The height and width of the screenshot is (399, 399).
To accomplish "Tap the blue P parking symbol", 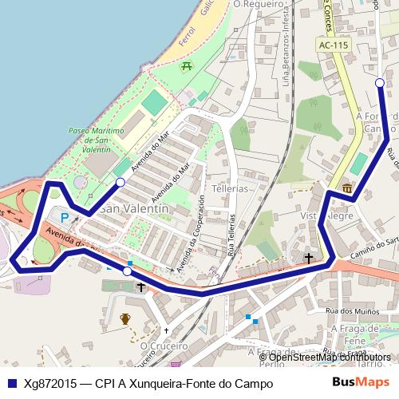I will (65, 216).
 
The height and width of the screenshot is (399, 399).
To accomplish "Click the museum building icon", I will (347, 188).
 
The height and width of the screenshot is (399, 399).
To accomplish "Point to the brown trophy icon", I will (124, 320).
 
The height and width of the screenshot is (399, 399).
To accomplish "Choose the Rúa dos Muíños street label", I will (345, 310).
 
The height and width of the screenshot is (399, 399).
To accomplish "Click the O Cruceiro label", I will (164, 347).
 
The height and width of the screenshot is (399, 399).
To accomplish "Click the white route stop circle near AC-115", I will (379, 83).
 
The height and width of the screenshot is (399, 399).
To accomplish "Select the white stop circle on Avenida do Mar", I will (120, 183).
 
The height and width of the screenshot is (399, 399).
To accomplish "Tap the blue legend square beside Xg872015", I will (12, 383).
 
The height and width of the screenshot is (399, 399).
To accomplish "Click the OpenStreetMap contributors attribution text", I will (330, 357).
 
